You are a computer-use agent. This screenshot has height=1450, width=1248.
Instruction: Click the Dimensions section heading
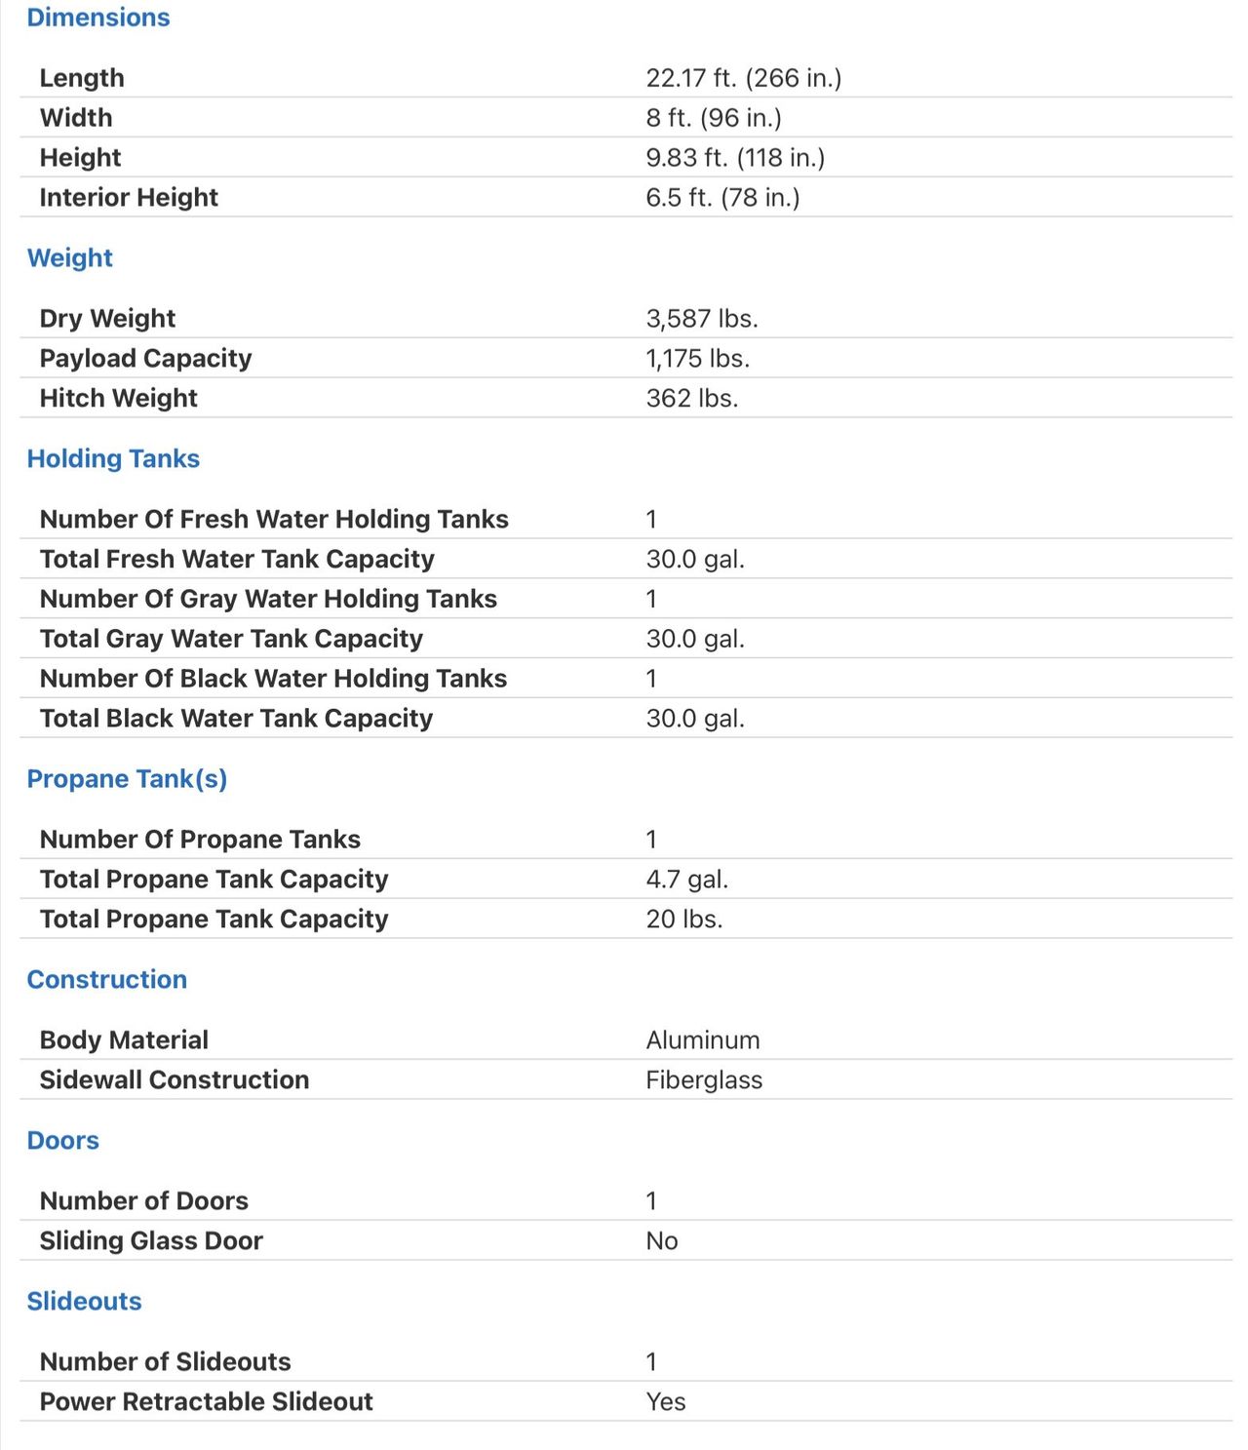point(98,18)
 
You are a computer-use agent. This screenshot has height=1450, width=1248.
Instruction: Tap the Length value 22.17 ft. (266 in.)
point(743,78)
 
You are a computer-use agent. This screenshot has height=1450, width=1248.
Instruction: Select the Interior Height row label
point(129,197)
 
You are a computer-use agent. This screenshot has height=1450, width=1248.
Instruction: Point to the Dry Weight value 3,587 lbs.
point(701,319)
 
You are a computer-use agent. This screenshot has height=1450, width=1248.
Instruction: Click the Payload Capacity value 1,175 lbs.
point(697,359)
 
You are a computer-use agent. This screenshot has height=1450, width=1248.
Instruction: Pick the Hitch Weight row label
point(118,398)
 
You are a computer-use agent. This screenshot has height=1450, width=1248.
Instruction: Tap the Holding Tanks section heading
point(113,458)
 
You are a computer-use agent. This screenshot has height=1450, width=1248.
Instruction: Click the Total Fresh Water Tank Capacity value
point(694,560)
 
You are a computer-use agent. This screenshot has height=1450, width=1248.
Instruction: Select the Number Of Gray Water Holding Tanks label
point(268,599)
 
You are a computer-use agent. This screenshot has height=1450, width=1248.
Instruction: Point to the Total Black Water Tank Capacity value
point(694,719)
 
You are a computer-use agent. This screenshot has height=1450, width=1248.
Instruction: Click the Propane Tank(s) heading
point(127,779)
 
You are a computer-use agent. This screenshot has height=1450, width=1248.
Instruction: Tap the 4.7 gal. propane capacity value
point(686,880)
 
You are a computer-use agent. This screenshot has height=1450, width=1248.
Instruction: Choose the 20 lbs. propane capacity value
point(683,920)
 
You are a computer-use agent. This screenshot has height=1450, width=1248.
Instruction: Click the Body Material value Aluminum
point(702,1040)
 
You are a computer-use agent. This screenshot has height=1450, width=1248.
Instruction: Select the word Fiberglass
point(704,1080)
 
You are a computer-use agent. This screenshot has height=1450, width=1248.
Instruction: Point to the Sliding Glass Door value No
point(661,1241)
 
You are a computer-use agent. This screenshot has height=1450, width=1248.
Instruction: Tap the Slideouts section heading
point(84,1301)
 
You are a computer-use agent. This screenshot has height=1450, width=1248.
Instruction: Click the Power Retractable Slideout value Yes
point(665,1402)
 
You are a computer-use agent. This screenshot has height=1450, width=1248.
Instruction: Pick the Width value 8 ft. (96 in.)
point(713,118)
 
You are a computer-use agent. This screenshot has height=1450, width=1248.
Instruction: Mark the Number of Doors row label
point(143,1200)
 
